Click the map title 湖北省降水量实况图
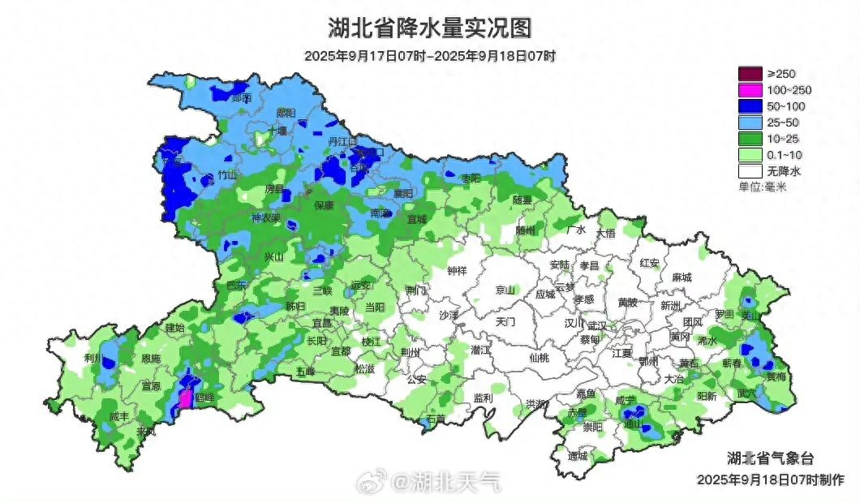pos(430,28)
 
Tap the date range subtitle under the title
pos(430,56)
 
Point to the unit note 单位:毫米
pos(763,187)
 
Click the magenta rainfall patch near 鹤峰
pos(184,398)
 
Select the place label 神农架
pos(265,218)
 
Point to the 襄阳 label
pos(403,193)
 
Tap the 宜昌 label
pos(322,322)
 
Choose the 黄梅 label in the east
pos(776,376)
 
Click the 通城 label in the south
pos(577,455)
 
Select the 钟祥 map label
pos(458,271)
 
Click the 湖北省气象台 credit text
pos(765,457)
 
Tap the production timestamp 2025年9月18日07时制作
pos(770,479)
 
